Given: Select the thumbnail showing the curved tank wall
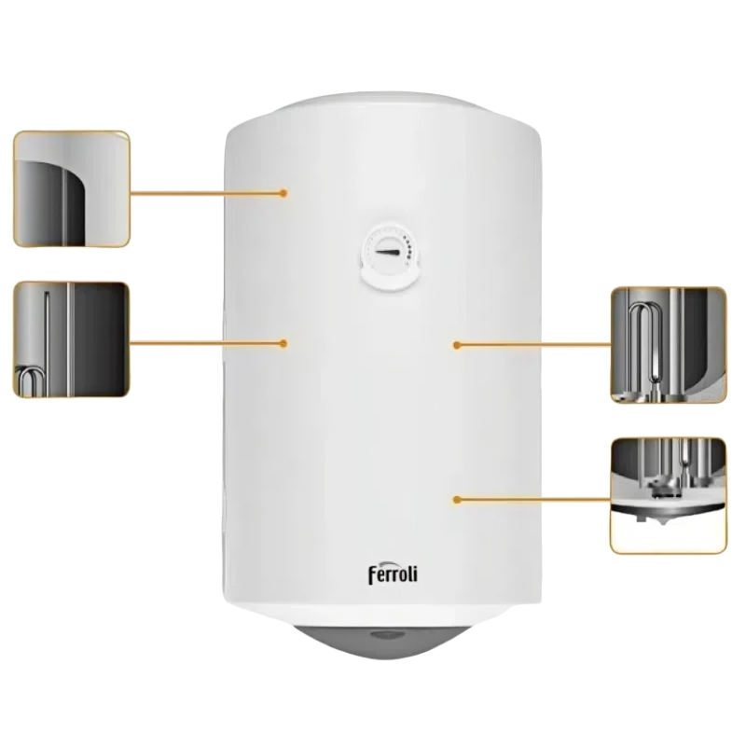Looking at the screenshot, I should pyautogui.click(x=71, y=188).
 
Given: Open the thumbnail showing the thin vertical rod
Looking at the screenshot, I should pyautogui.click(x=71, y=339).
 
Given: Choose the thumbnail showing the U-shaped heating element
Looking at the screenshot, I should pyautogui.click(x=668, y=345).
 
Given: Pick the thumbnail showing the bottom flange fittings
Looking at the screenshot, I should pyautogui.click(x=668, y=494).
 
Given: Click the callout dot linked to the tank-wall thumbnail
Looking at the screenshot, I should pyautogui.click(x=283, y=193).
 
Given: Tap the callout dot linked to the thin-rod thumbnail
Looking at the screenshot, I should pyautogui.click(x=283, y=343).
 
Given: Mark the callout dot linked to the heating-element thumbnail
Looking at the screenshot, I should pyautogui.click(x=457, y=345).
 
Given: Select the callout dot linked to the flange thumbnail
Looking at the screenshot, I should pyautogui.click(x=457, y=500).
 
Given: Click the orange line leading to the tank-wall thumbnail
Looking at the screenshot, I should pyautogui.click(x=205, y=193).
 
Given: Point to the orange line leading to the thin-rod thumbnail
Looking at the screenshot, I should pyautogui.click(x=205, y=343).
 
